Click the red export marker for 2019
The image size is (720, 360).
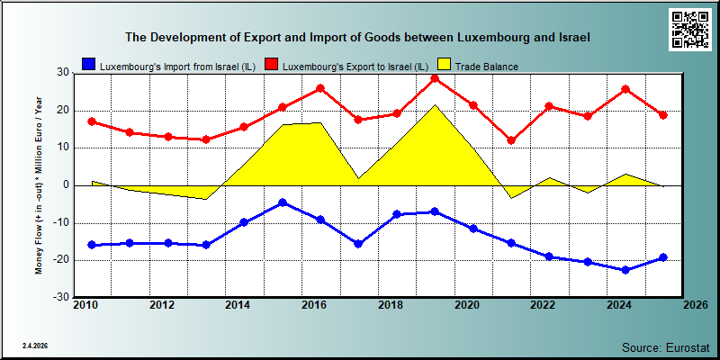435,78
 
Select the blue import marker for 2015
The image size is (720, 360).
283,202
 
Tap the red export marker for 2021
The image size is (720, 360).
511,140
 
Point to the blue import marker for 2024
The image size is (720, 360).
625,270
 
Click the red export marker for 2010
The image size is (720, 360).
92,121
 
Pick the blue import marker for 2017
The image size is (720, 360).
358,244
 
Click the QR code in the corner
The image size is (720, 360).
689,30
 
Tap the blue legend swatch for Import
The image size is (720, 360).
88,65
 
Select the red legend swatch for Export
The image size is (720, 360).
272,65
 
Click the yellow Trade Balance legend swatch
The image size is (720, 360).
444,65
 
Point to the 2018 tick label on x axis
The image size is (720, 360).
390,306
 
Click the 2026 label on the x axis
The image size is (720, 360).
694,306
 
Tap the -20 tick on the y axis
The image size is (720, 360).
62,260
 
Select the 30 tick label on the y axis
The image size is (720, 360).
63,73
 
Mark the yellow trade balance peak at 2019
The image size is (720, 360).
435,105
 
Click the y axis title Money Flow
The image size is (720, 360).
39,185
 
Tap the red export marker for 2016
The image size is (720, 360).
320,88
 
